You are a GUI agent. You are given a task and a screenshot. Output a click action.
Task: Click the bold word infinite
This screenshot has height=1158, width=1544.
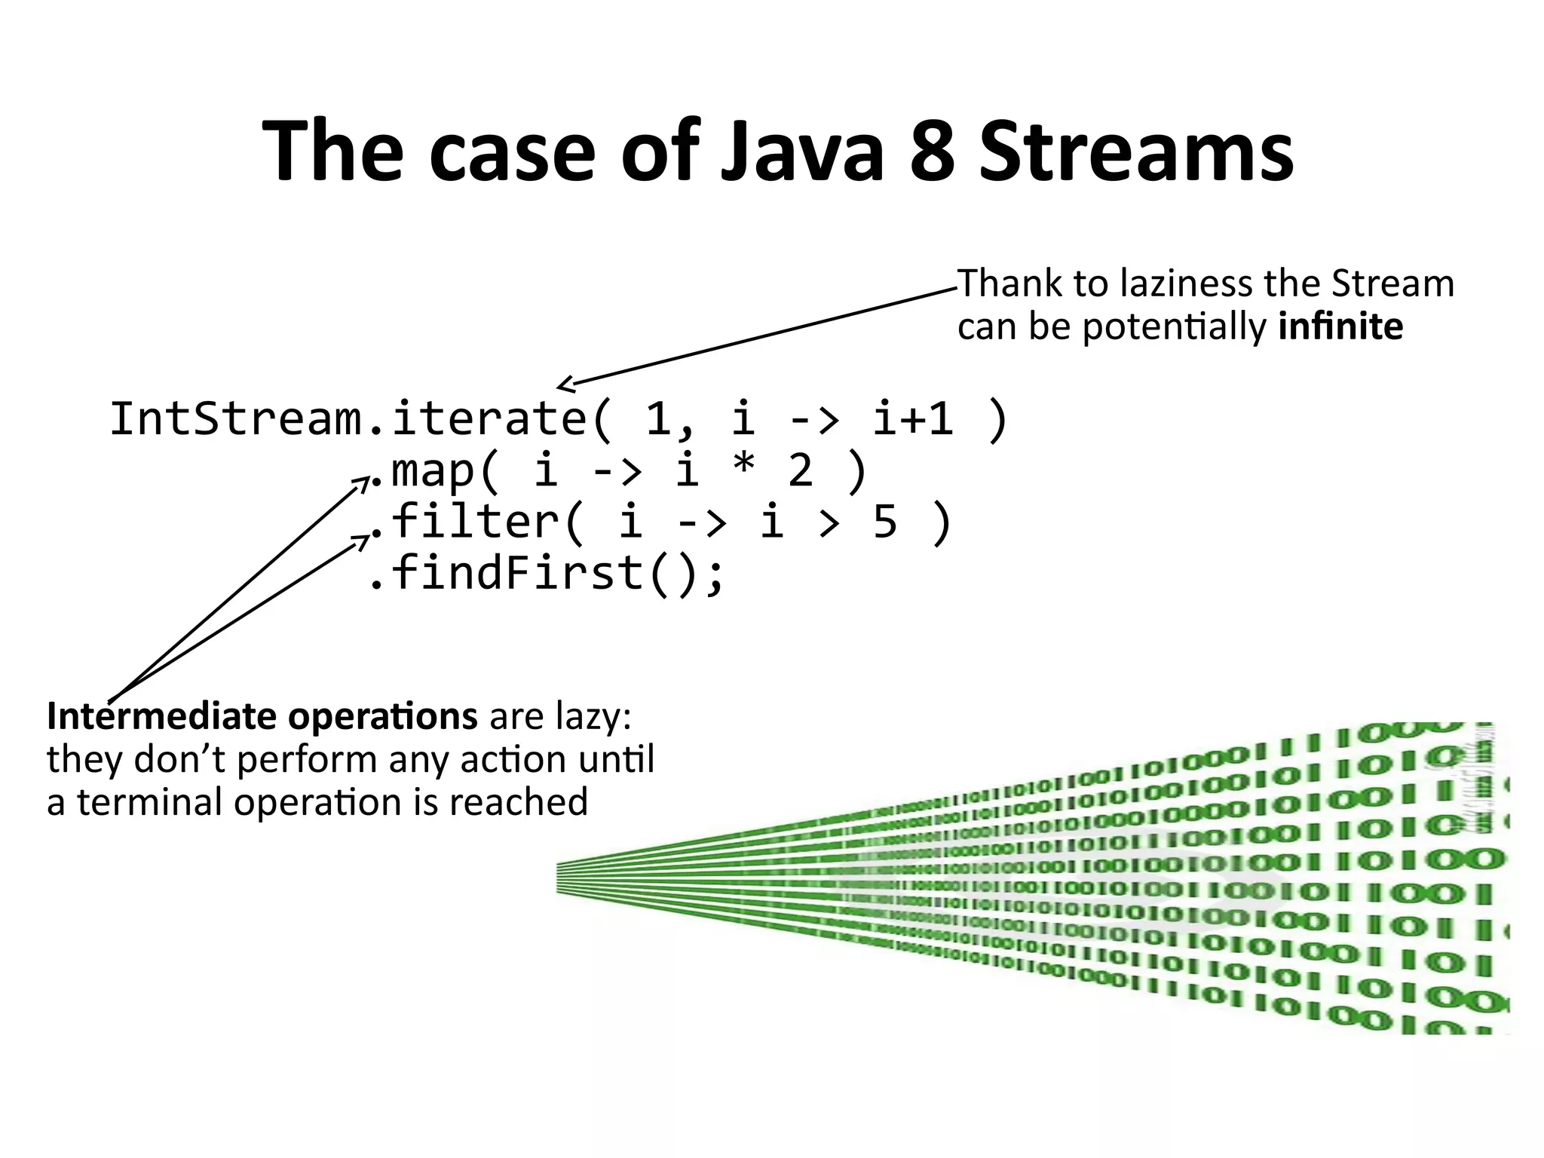pyautogui.click(x=1340, y=327)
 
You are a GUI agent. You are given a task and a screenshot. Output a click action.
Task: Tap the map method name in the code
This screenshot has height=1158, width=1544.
pyautogui.click(x=433, y=471)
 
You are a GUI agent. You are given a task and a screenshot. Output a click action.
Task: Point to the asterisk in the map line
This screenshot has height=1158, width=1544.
pyautogui.click(x=743, y=468)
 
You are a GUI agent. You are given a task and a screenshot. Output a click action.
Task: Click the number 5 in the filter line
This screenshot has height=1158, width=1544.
pyautogui.click(x=885, y=522)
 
